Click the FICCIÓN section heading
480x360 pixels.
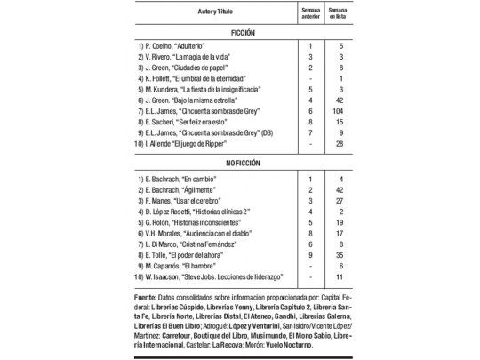point(239,31)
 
